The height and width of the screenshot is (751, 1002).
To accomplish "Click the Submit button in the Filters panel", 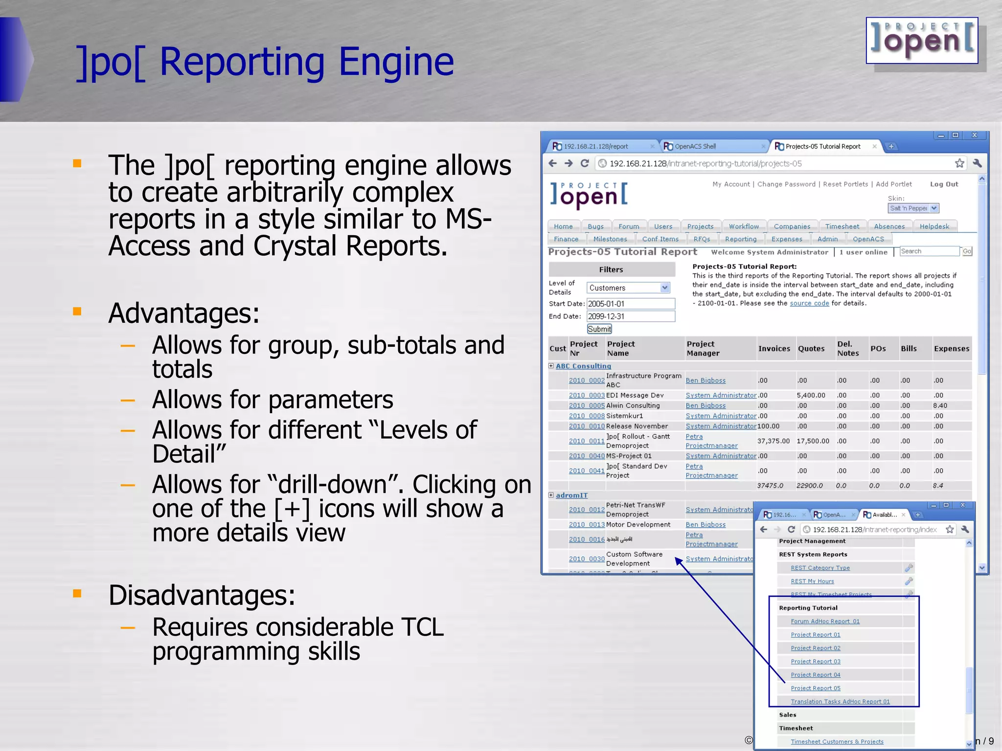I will click(599, 329).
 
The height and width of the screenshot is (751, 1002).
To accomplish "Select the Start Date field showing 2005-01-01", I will click(630, 304).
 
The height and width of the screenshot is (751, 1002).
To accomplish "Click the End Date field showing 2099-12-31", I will click(630, 316).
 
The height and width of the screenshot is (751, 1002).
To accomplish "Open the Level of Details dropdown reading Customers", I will click(628, 288).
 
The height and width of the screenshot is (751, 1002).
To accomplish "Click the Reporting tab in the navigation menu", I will click(740, 239).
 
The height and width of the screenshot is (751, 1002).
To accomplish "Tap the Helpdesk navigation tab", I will click(934, 226).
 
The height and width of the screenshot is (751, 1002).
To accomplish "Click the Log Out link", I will click(944, 184).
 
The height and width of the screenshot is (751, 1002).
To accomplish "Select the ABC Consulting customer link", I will click(583, 366).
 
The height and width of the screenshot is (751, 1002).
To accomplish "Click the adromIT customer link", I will click(571, 495).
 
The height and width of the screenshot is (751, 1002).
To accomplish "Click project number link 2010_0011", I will click(586, 441).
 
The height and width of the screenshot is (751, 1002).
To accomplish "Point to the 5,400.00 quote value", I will click(811, 395).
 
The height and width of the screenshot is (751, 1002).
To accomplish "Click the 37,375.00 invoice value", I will click(773, 441).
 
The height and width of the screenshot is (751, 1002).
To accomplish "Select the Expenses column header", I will click(951, 349).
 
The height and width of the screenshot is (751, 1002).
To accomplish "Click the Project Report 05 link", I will click(816, 688).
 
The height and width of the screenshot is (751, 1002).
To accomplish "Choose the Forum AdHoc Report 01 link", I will click(825, 621).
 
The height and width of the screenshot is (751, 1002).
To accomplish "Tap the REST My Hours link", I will click(812, 581).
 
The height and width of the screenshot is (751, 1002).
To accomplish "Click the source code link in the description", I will click(809, 303).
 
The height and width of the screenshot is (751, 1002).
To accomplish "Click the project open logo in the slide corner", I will click(922, 41).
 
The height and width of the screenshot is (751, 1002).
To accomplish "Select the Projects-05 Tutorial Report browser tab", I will click(823, 146).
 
